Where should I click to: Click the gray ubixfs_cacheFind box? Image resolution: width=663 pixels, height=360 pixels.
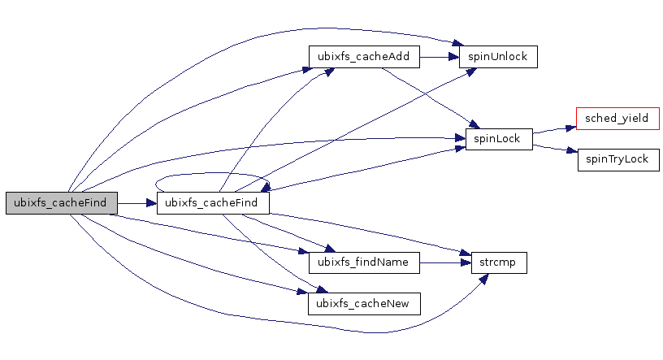pyautogui.click(x=61, y=202)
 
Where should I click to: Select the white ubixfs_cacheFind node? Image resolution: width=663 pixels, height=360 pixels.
pyautogui.click(x=212, y=202)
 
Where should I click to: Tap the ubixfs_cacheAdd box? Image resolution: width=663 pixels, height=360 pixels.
pyautogui.click(x=364, y=58)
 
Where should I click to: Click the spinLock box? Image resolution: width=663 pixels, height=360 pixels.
pyautogui.click(x=498, y=139)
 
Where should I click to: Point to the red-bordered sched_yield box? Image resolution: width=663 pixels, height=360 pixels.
pyautogui.click(x=617, y=119)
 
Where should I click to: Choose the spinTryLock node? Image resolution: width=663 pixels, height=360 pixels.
pyautogui.click(x=617, y=159)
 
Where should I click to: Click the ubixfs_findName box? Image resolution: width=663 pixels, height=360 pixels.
pyautogui.click(x=364, y=262)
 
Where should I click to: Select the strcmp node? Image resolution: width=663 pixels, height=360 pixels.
pyautogui.click(x=499, y=262)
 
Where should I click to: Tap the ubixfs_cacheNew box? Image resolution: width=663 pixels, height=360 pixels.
pyautogui.click(x=364, y=303)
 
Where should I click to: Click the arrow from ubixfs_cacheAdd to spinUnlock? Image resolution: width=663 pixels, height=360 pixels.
pyautogui.click(x=439, y=58)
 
